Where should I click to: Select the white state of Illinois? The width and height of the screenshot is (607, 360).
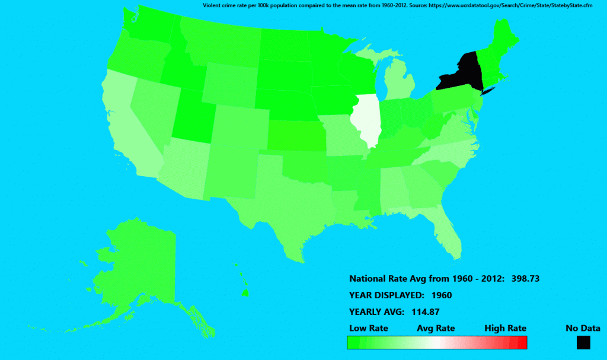coord(365,119)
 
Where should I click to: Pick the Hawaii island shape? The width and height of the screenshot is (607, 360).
coord(244,292)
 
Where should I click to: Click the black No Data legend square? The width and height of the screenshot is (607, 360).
coord(583,342)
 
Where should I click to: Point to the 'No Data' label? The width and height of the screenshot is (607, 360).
coord(583,328)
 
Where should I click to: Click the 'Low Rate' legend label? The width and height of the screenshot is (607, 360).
coord(369,328)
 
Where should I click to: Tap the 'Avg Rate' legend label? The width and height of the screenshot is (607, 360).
coord(436,328)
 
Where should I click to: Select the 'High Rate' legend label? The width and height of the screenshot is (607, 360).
coord(505,328)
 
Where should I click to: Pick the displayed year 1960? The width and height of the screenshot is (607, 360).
coord(442,295)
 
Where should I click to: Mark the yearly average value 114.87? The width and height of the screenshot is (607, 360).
coord(424,311)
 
